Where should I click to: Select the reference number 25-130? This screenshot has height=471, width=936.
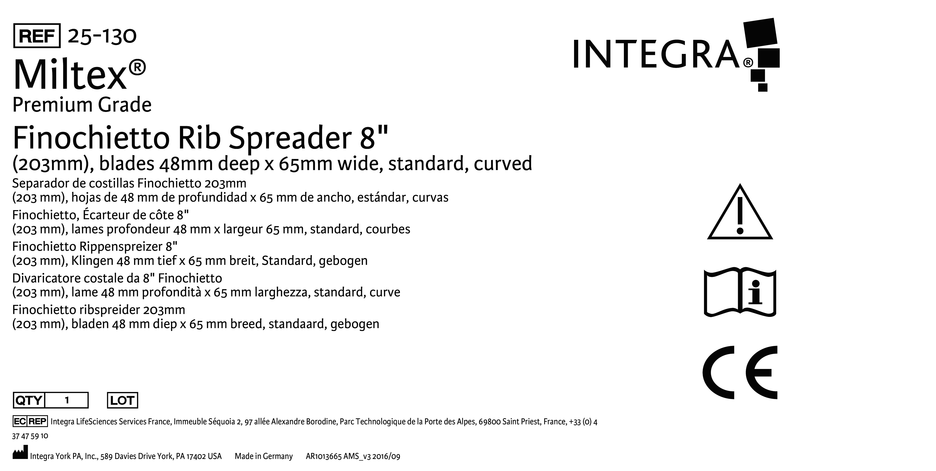pos(102,36)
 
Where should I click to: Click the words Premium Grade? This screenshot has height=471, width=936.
pos(82,105)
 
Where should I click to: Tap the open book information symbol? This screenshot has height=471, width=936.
pos(740,293)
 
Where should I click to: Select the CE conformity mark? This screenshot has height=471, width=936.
pos(740,372)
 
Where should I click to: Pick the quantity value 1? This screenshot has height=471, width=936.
pos(67,400)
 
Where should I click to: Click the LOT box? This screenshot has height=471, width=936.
pos(122,400)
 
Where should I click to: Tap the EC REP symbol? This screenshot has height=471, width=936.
pos(30,421)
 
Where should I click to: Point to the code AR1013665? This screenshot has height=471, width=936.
pos(323,456)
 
